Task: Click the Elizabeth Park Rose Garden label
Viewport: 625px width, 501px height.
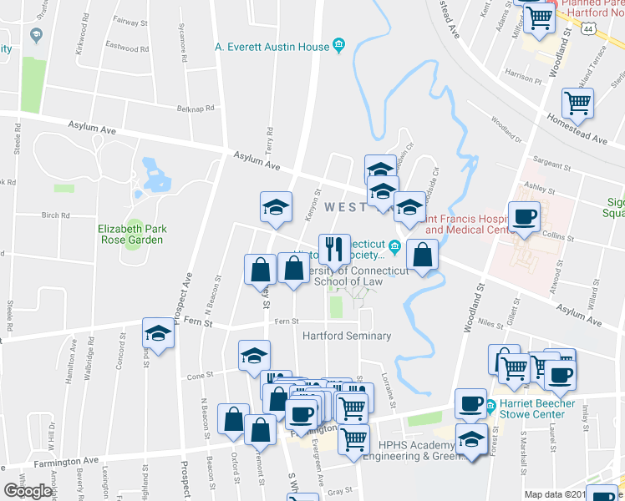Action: [132, 234]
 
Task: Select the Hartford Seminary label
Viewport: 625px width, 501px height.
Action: [346, 337]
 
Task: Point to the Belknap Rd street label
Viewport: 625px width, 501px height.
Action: [196, 108]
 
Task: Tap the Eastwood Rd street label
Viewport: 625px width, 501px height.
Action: [128, 48]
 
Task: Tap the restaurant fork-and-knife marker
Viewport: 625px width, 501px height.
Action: [334, 248]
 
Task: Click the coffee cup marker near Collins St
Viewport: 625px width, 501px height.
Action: [524, 217]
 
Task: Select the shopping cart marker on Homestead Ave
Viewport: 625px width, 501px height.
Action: [577, 104]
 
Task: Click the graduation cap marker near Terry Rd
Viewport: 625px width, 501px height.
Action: [275, 208]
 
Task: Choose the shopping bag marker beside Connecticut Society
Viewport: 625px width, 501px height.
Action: [423, 256]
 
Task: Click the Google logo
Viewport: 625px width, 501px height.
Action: [27, 491]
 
